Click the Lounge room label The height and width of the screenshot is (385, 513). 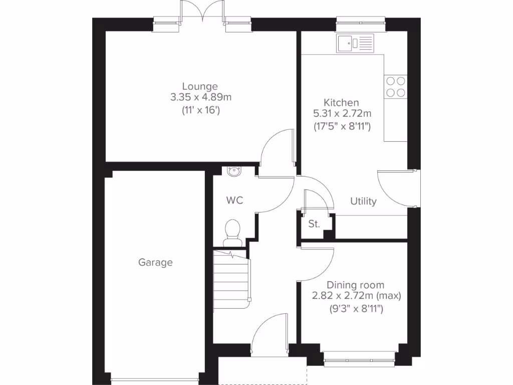click(200, 86)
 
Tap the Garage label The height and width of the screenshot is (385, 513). click(155, 262)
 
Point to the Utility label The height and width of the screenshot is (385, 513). click(363, 202)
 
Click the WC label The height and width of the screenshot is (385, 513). click(234, 201)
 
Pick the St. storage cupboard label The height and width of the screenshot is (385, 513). click(314, 224)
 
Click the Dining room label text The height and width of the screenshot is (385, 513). click(356, 285)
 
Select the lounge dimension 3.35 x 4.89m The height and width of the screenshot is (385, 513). click(200, 97)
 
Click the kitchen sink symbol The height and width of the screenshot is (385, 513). click(355, 43)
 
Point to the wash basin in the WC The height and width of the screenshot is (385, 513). click(233, 171)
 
